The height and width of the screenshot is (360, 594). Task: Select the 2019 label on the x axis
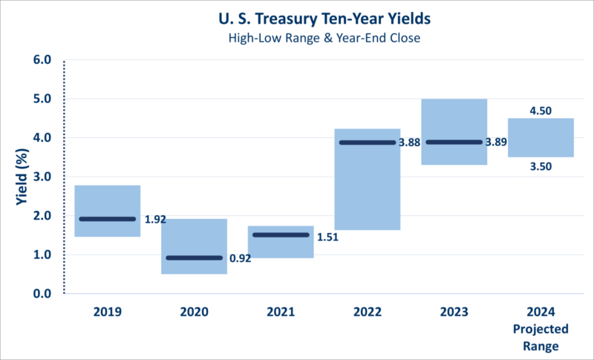(x=108, y=312)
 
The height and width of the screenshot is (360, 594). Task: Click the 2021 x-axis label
(x=280, y=312)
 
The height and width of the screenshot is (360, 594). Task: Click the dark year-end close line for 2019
(x=108, y=219)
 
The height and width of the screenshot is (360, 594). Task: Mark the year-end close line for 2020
(x=194, y=258)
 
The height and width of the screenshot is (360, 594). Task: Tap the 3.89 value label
(x=497, y=143)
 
